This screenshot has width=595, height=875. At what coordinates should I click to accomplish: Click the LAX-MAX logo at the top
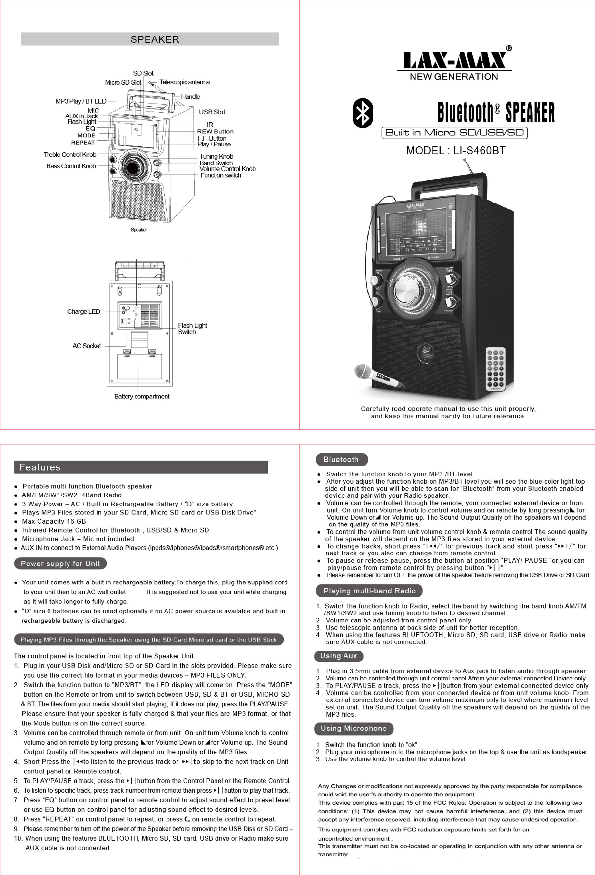(454, 61)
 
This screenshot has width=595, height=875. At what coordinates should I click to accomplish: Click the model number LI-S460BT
(455, 151)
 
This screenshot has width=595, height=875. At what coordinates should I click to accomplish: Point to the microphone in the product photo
(378, 376)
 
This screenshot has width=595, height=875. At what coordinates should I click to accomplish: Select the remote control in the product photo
(495, 369)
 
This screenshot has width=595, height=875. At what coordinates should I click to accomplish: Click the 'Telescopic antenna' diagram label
(184, 82)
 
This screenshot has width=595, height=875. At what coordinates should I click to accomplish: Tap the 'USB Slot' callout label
(212, 112)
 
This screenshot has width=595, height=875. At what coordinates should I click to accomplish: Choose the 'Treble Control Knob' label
(70, 155)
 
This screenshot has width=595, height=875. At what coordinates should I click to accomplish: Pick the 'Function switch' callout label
(221, 175)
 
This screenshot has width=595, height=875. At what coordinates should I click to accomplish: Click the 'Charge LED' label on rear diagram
(84, 312)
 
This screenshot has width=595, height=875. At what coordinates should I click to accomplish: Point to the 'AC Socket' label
(86, 346)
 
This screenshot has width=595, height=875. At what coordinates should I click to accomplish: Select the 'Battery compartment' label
(142, 397)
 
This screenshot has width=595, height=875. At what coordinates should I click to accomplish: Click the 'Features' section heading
(40, 467)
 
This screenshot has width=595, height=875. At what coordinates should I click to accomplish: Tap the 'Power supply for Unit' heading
(60, 564)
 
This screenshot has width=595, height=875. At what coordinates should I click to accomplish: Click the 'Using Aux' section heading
(339, 656)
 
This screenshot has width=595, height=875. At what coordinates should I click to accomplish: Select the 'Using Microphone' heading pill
(353, 728)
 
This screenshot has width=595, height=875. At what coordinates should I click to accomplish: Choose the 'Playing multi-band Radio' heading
(369, 591)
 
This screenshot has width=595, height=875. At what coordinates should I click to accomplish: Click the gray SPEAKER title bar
(150, 39)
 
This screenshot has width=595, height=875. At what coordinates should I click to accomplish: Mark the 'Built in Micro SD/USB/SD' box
(454, 133)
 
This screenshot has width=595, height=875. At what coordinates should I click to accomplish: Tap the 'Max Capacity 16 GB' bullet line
(54, 522)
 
